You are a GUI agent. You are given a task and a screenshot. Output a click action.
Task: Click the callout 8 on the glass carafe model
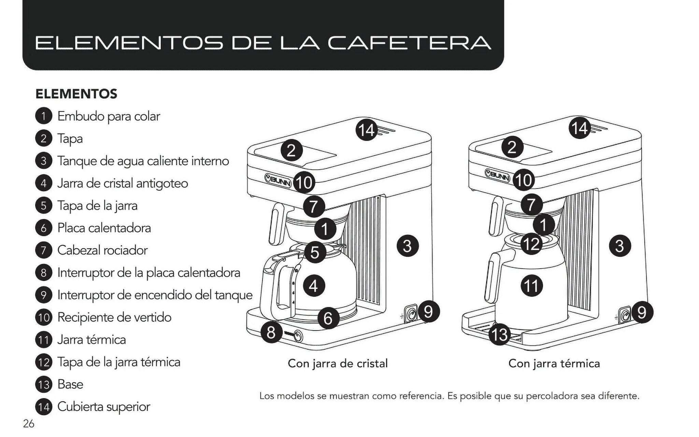tap(271, 332)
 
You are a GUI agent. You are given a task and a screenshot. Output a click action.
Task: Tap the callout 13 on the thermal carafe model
tap(499, 335)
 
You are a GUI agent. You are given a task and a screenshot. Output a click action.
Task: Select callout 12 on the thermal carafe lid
tap(531, 244)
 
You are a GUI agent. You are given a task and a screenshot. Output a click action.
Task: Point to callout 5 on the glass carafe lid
tap(314, 252)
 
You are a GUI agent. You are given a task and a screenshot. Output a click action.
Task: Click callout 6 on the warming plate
tap(328, 318)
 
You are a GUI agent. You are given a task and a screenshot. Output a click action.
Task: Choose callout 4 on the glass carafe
tap(313, 286)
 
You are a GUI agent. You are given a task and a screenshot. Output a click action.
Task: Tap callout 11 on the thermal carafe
tap(531, 285)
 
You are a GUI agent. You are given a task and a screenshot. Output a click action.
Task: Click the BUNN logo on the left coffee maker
tap(278, 179)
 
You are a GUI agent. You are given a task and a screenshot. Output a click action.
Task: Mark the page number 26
tap(29, 424)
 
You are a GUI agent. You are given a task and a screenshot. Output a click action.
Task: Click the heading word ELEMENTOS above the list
tap(76, 94)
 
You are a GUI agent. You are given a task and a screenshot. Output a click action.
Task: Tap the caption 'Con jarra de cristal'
tap(338, 363)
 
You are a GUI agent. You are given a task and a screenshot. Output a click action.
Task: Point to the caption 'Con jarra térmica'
tap(554, 363)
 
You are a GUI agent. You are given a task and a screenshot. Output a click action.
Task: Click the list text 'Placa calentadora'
tap(104, 228)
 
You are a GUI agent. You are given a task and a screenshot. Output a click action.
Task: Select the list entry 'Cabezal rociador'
tap(102, 250)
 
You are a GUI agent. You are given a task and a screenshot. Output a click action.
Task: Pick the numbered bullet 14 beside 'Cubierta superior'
tap(43, 407)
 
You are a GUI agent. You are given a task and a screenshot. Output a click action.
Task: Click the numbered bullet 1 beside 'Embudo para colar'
tap(43, 116)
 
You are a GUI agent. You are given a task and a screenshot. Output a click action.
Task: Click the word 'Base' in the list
tap(70, 384)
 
